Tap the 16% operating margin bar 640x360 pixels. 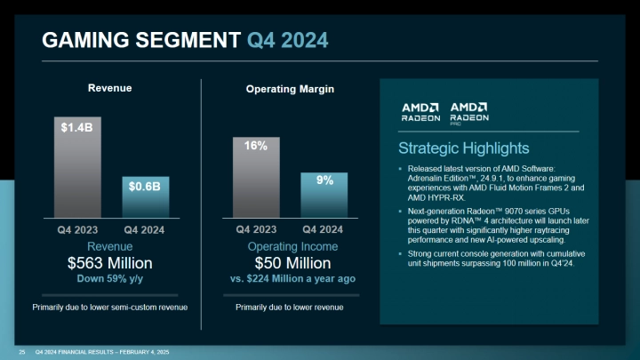point(256,177)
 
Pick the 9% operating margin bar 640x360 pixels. point(324,194)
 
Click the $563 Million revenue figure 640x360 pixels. point(110,263)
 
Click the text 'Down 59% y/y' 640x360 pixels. point(110,278)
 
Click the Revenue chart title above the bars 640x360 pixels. point(109,88)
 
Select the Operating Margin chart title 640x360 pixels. point(290,89)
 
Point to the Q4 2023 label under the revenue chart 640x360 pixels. point(77,228)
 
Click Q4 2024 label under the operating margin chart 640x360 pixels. point(324,228)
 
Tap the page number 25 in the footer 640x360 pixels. point(21,352)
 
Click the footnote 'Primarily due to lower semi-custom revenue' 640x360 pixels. point(110,308)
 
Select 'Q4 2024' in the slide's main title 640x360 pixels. point(287,39)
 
